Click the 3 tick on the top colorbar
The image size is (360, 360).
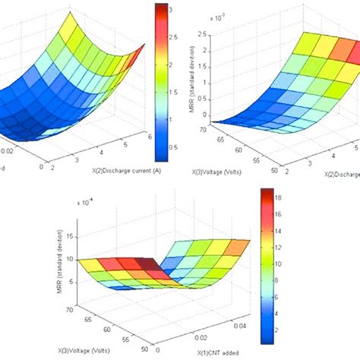coord(174,11)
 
